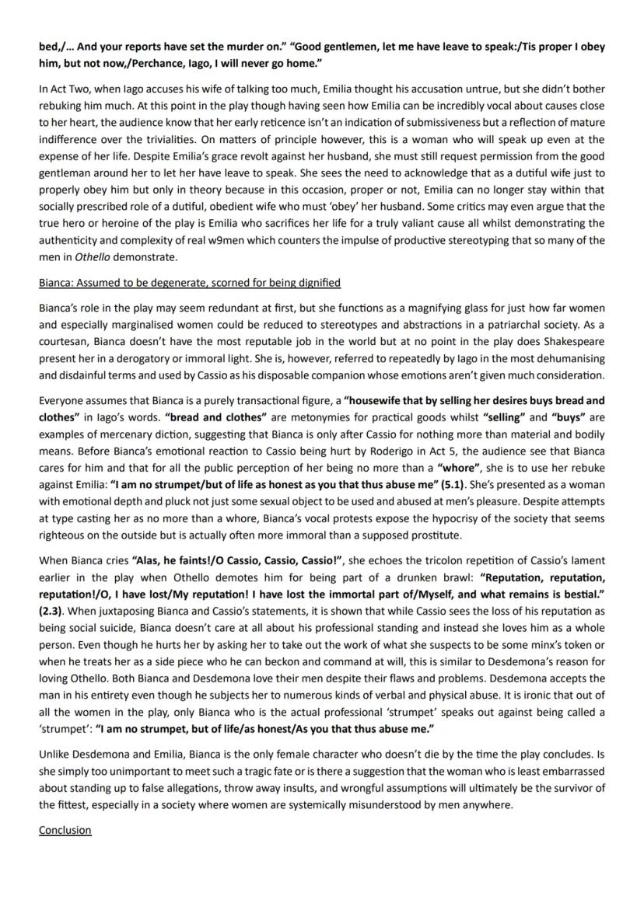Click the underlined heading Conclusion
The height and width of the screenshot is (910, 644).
click(x=65, y=830)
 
